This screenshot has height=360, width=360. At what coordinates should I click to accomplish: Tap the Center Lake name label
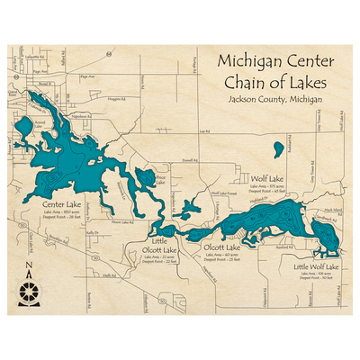58,203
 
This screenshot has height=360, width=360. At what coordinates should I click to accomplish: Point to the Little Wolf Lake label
316,267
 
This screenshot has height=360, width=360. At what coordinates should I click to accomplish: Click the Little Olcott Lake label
162,246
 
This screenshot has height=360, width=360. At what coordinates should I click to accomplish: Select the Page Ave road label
86,77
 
